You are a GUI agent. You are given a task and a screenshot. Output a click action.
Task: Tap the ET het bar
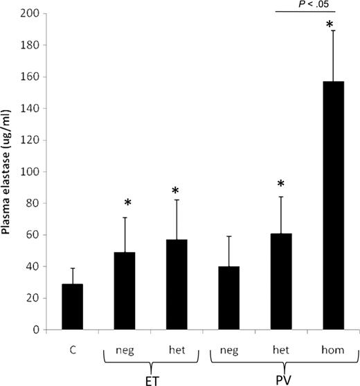(177, 285)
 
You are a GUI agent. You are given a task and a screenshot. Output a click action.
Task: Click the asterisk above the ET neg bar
(127, 203)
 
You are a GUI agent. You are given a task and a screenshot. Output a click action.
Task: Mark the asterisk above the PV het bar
(281, 184)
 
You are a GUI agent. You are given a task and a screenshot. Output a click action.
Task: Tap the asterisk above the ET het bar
(177, 191)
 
